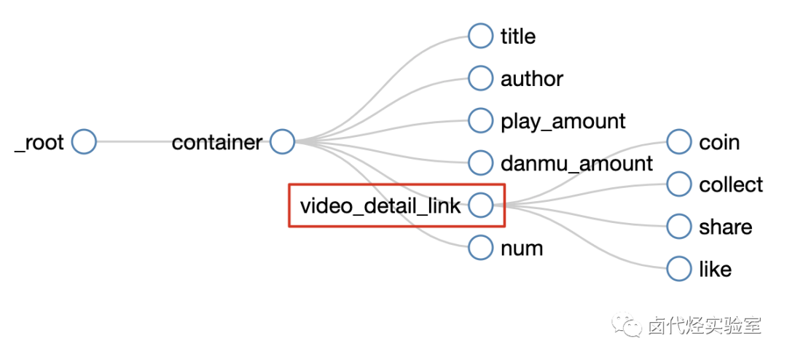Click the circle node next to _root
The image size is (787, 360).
(84, 142)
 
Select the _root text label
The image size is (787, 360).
(40, 143)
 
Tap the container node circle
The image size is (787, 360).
(282, 142)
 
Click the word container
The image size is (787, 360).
(216, 143)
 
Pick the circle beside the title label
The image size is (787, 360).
(480, 36)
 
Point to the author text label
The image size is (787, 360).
(532, 79)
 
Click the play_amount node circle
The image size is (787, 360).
(480, 120)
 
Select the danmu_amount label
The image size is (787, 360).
(577, 163)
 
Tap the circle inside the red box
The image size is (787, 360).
(480, 206)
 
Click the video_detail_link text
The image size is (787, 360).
(380, 206)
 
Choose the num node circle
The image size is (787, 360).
(480, 248)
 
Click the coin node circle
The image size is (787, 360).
(678, 142)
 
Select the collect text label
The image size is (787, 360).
(731, 185)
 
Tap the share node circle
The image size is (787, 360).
(678, 227)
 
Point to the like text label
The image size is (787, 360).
(715, 270)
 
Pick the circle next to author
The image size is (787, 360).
(480, 78)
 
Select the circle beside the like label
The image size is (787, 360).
(678, 269)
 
